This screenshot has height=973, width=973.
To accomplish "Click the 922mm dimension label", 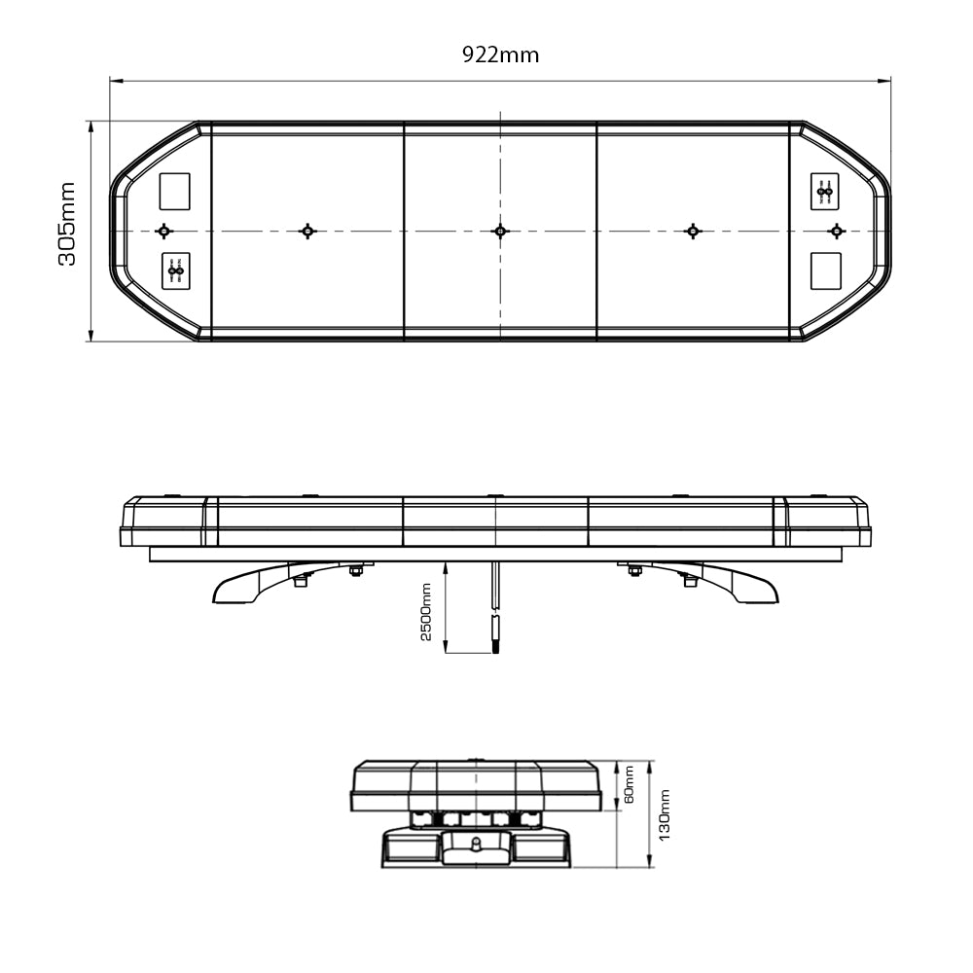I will (500, 54).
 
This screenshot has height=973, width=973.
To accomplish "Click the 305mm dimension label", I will (67, 224).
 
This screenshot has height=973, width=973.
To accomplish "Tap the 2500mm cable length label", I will (425, 611).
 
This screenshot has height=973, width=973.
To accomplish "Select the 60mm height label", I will (629, 784).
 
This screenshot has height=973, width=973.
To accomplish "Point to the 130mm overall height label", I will (665, 814).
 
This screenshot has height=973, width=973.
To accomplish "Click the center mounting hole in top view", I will (500, 231).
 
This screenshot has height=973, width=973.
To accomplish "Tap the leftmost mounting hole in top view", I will (163, 231).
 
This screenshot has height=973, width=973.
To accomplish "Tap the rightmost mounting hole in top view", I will (836, 231).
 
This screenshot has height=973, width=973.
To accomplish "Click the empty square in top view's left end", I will (175, 191).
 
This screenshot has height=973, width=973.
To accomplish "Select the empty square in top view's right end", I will (825, 270).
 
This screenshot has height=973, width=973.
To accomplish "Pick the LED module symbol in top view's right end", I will (825, 192).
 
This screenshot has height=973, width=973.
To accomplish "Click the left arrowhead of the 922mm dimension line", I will (114, 82).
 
